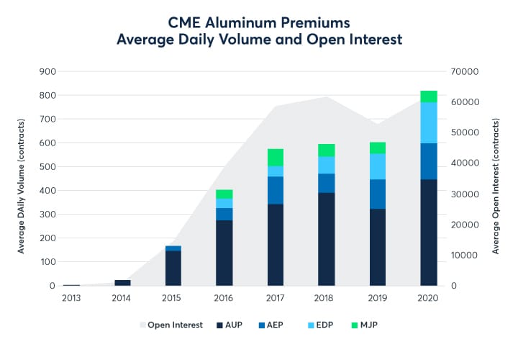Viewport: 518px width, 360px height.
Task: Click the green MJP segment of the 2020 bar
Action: [x=429, y=96]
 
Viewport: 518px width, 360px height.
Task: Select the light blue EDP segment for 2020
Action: [x=429, y=123]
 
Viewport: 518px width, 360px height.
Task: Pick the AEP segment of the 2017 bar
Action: [x=276, y=190]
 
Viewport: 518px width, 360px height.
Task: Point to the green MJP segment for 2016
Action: [x=224, y=194]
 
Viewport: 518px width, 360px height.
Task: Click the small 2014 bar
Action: [x=122, y=282]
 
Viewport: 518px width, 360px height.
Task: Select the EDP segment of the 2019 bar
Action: [x=378, y=166]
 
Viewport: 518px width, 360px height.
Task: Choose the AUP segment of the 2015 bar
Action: [x=173, y=268]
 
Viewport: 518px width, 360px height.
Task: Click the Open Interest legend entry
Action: [x=172, y=325]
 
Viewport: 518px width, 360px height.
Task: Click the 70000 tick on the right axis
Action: [x=464, y=71]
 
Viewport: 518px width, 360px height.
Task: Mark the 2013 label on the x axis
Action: [x=71, y=297]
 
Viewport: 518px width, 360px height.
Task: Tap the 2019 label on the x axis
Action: [x=378, y=297]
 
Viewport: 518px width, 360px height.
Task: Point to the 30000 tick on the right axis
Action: [x=464, y=194]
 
